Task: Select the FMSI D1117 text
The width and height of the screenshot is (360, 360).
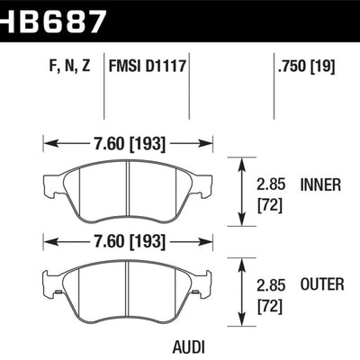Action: click(x=148, y=66)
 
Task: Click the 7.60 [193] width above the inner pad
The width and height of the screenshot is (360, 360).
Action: click(x=128, y=141)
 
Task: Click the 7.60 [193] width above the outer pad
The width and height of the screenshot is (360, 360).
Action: click(x=128, y=240)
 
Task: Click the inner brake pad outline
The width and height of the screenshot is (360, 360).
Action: click(x=128, y=193)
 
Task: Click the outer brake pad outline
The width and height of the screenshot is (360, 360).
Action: click(x=128, y=292)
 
